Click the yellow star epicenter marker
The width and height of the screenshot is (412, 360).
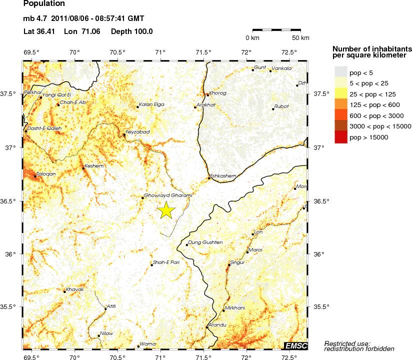click(x=166, y=210)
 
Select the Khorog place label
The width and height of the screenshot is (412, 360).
click(x=218, y=92)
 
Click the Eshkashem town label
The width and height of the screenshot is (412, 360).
click(x=224, y=175)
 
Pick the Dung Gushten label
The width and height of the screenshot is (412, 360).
click(x=205, y=242)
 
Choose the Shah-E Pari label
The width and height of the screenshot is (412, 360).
click(x=166, y=262)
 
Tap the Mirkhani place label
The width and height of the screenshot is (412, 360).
click(x=235, y=308)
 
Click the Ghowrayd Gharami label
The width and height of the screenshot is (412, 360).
click(x=167, y=195)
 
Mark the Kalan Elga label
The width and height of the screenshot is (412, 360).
click(x=151, y=104)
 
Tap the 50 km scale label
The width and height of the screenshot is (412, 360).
click(x=300, y=38)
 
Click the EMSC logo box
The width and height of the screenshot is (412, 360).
click(x=295, y=345)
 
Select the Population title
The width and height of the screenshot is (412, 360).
click(x=44, y=4)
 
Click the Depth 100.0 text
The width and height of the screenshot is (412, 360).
click(x=132, y=31)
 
